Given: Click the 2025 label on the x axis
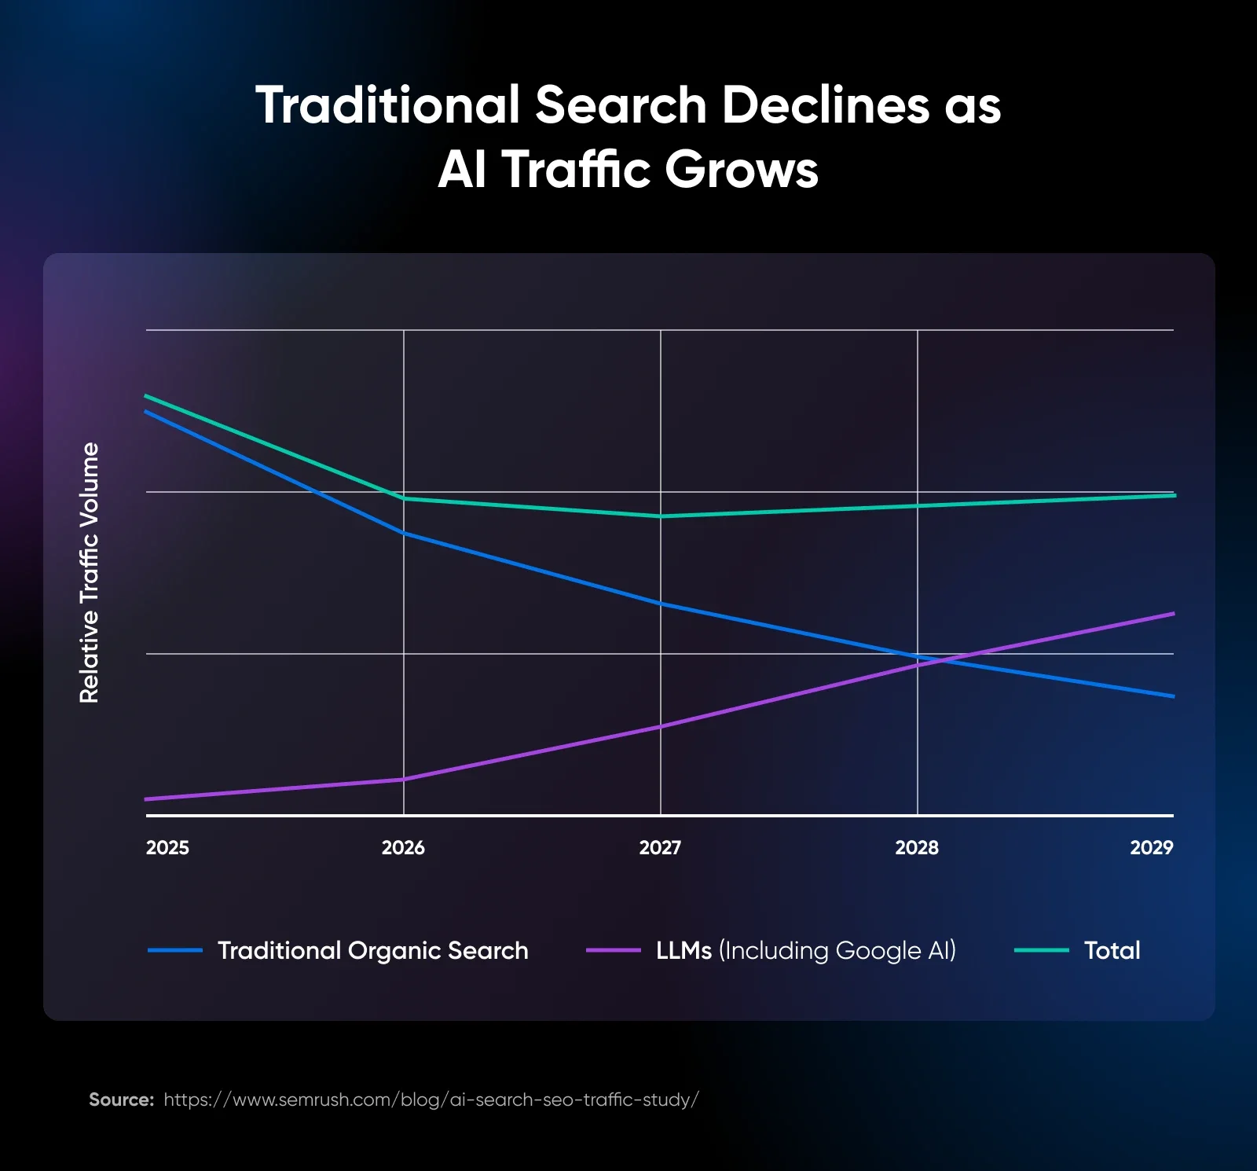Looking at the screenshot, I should [x=167, y=847].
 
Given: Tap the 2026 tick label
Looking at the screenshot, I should [x=403, y=847].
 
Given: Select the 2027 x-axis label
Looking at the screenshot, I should [x=660, y=847].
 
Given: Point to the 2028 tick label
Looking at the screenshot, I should [x=917, y=847].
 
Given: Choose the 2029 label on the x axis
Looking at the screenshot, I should [x=1151, y=847].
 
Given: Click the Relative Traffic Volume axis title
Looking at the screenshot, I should [x=90, y=572].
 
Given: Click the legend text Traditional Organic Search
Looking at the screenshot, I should [x=372, y=950].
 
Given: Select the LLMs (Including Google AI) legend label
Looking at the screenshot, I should [x=805, y=950].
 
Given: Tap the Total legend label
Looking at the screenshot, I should [x=1112, y=950].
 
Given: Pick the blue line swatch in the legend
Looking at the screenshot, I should [x=174, y=950].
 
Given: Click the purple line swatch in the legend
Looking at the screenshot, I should [x=613, y=950].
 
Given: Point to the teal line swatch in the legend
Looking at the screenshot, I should [x=1041, y=950].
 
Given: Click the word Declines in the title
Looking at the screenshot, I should [x=825, y=105].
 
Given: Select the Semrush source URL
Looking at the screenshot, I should [x=431, y=1099].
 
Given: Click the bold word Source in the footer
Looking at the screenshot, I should [x=121, y=1099].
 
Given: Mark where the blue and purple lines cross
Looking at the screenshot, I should [x=940, y=660].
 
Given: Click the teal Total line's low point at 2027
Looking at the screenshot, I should [x=661, y=516].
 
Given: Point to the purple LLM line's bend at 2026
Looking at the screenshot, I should [x=404, y=779].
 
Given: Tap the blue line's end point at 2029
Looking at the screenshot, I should [x=1173, y=696].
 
